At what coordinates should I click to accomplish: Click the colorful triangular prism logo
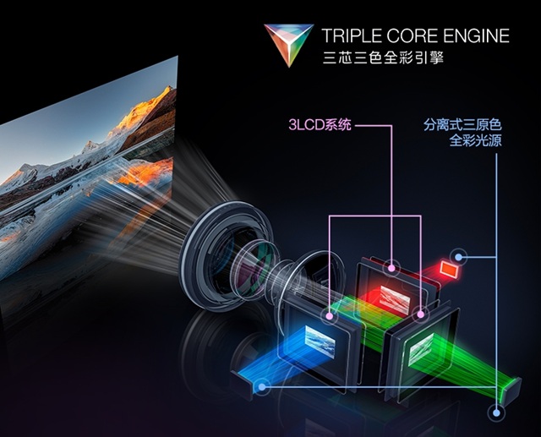pos(289,44)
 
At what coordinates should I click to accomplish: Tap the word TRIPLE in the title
pos(352,36)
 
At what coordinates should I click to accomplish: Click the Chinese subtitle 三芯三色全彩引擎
pos(383,57)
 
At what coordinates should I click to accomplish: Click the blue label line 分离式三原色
pos(462,124)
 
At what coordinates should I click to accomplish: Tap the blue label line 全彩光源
pos(475,140)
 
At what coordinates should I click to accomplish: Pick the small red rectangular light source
pos(450,269)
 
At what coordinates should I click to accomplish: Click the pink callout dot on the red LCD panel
pos(391,268)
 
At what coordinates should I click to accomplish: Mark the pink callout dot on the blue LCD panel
pos(329,315)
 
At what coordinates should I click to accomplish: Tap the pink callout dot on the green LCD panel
pos(420,314)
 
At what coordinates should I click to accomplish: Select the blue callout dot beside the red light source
pos(458,257)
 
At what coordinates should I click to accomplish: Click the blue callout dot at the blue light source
pos(262,387)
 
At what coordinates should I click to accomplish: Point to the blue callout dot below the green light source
pos(496,412)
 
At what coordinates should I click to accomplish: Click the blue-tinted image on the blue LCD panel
pos(320,341)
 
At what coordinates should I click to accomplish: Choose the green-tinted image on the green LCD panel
pos(421,350)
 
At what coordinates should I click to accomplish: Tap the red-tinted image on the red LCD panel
pos(395,298)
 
